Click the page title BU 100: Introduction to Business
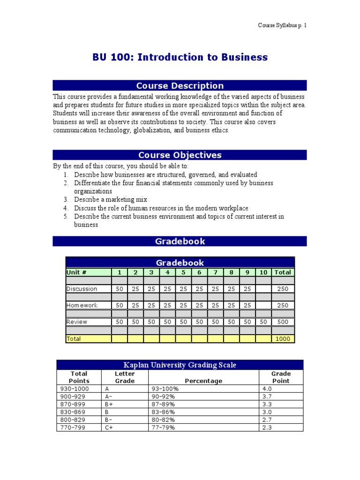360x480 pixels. (x=180, y=57)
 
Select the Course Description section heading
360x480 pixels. (x=180, y=85)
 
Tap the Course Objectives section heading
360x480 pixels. (x=180, y=155)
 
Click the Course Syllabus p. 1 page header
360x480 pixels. (x=282, y=25)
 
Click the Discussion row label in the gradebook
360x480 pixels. (x=82, y=289)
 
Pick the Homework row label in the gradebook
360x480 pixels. (x=82, y=305)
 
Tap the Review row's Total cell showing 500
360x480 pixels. (x=283, y=322)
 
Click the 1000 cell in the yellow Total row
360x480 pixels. (x=283, y=338)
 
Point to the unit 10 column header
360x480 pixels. (x=263, y=272)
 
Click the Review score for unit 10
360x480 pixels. (x=263, y=322)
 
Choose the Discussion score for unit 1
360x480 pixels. (x=120, y=289)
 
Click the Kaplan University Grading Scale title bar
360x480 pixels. (x=180, y=365)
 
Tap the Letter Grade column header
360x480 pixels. (x=125, y=377)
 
